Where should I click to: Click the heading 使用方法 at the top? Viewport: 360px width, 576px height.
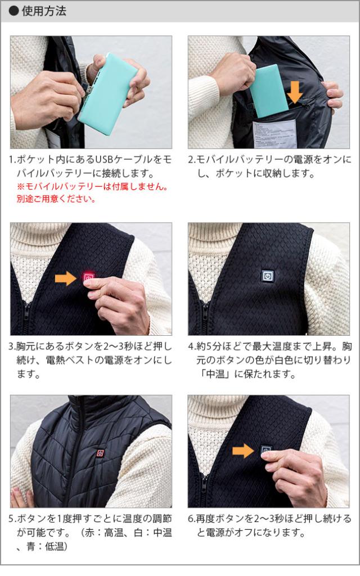point(44,12)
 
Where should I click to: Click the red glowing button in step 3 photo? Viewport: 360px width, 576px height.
point(89,277)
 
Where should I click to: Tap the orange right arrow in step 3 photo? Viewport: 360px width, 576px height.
point(65,277)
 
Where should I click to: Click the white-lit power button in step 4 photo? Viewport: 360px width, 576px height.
point(267,276)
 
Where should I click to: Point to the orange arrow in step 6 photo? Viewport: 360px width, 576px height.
point(243,449)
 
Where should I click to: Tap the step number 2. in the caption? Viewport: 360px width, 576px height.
point(192,160)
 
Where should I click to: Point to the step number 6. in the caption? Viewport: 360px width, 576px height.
point(192,517)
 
